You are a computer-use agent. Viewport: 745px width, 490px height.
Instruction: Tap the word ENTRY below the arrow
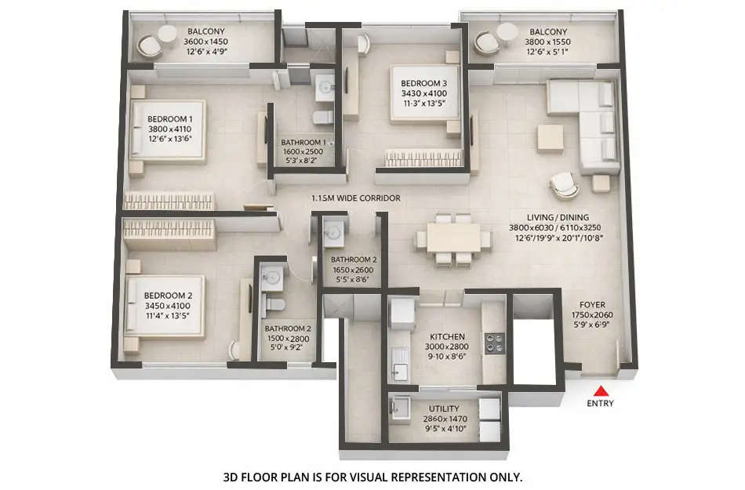[600, 404]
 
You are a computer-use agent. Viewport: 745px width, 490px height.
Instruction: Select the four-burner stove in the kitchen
[494, 342]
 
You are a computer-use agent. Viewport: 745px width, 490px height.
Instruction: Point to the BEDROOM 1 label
[169, 119]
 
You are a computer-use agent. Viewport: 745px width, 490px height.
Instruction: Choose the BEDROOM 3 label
[423, 83]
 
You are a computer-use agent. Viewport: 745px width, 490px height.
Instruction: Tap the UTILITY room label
[444, 408]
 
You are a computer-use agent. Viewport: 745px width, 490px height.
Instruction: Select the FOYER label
[592, 304]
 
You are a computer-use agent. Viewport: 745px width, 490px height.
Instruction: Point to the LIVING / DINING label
[558, 217]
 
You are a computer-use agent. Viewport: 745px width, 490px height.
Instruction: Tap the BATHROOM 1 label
[303, 142]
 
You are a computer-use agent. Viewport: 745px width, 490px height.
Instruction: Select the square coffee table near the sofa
[551, 137]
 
